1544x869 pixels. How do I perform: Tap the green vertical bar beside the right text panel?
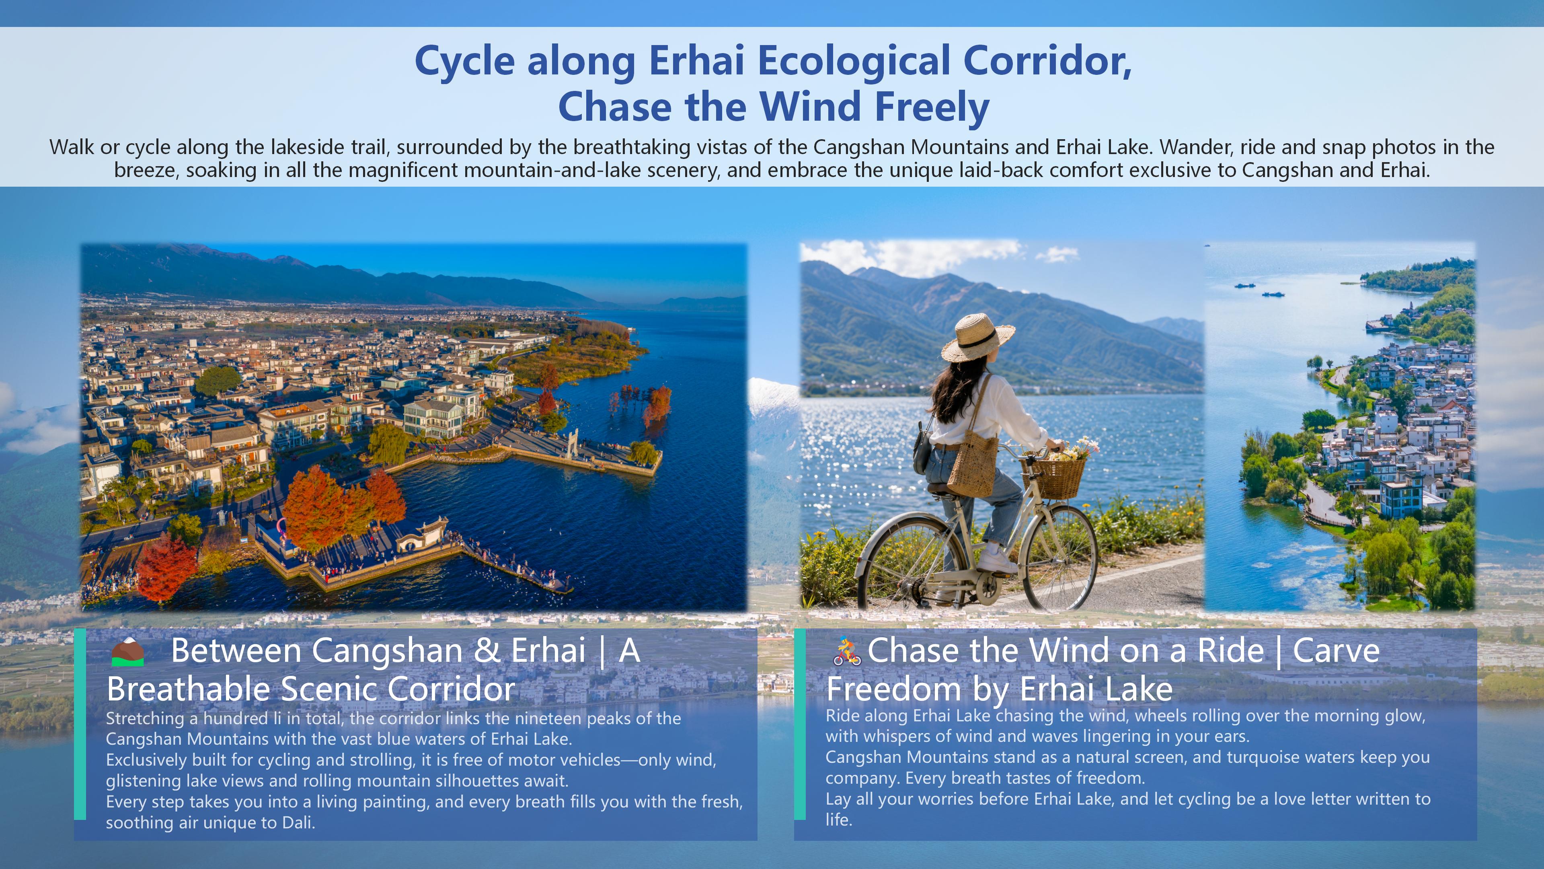800,724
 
